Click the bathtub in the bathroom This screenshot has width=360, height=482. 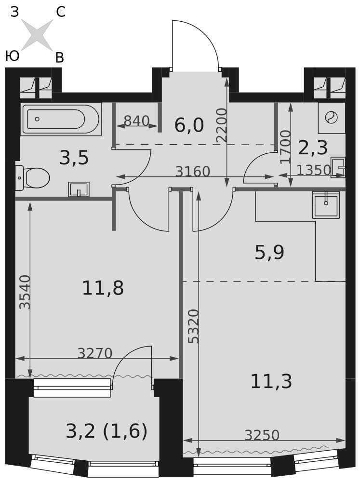pyautogui.click(x=61, y=119)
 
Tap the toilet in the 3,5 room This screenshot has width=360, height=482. pyautogui.click(x=33, y=178)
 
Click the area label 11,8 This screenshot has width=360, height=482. pyautogui.click(x=103, y=288)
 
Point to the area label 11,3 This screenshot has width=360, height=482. pyautogui.click(x=271, y=381)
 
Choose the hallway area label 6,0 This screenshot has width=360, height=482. pyautogui.click(x=189, y=125)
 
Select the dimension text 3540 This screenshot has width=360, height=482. pyautogui.click(x=25, y=292)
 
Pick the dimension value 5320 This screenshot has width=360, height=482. pyautogui.click(x=194, y=326)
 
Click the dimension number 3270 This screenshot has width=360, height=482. pyautogui.click(x=94, y=353)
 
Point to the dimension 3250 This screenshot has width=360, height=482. pyautogui.click(x=262, y=435)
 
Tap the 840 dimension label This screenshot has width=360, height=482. pyautogui.click(x=136, y=121)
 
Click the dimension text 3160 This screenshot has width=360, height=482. pyautogui.click(x=193, y=172)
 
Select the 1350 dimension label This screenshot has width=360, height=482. pyautogui.click(x=314, y=170)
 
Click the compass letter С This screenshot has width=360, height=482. pyautogui.click(x=61, y=13)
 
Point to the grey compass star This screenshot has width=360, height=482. pyautogui.click(x=37, y=34)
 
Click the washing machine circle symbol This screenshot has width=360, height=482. pyautogui.click(x=332, y=118)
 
